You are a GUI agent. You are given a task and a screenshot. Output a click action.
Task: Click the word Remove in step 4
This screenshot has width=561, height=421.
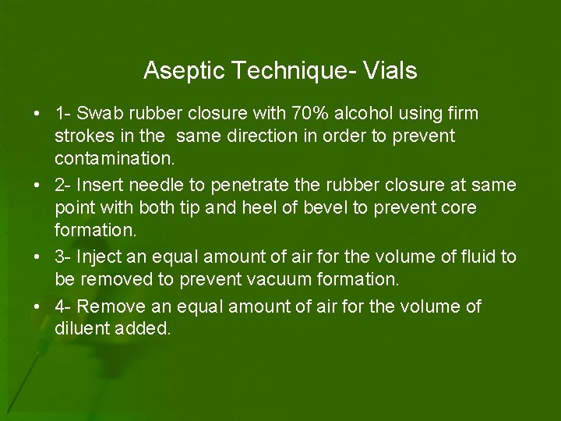(108, 306)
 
